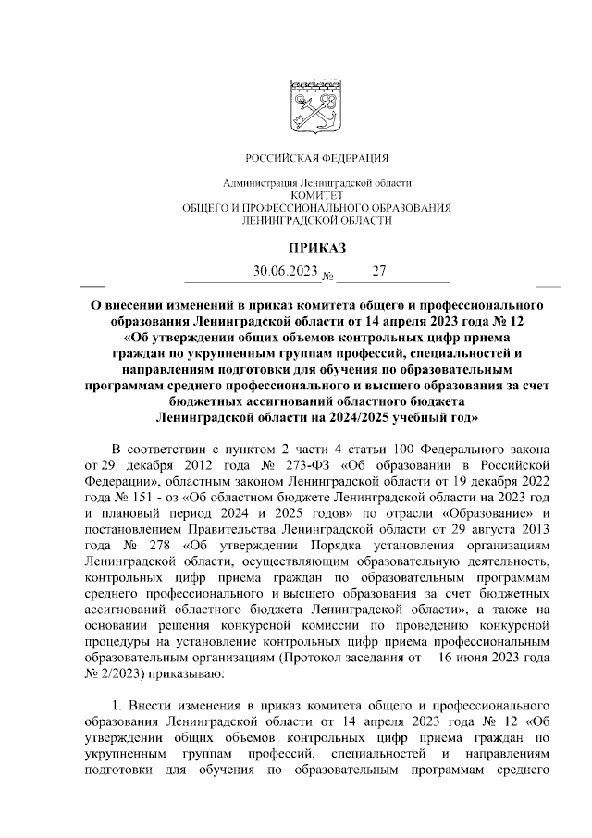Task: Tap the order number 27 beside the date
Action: (x=377, y=272)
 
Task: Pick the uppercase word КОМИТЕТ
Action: (x=316, y=196)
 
